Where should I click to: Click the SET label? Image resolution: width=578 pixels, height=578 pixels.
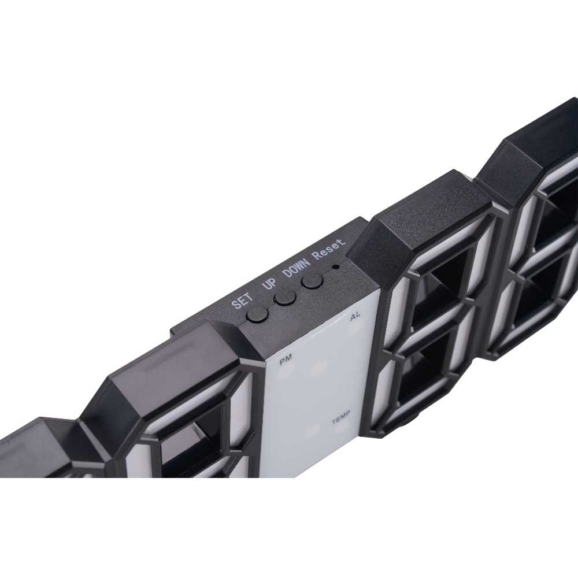click(242, 300)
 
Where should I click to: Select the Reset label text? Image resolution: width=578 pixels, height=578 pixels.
click(328, 249)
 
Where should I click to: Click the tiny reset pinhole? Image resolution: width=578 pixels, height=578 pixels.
click(335, 266)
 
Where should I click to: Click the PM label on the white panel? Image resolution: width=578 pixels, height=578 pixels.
click(286, 359)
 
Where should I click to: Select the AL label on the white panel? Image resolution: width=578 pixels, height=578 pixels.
click(355, 316)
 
